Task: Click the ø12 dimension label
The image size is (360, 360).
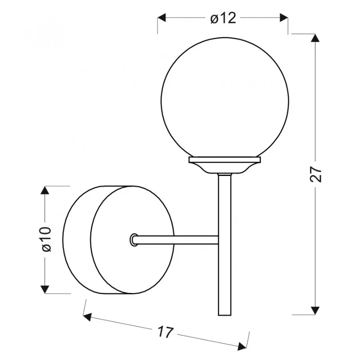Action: pyautogui.click(x=223, y=18)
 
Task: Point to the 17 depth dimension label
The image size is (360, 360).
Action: pyautogui.click(x=165, y=332)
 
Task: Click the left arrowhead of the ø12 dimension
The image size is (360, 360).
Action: pyautogui.click(x=162, y=18)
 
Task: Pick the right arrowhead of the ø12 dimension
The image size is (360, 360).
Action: pyautogui.click(x=284, y=18)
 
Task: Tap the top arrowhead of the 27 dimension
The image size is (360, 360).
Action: pyautogui.click(x=315, y=38)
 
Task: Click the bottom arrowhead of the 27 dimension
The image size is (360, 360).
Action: pyautogui.click(x=315, y=310)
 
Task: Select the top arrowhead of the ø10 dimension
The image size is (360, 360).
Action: pyautogui.click(x=45, y=190)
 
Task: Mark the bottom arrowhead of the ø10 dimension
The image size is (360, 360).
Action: pyautogui.click(x=45, y=289)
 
